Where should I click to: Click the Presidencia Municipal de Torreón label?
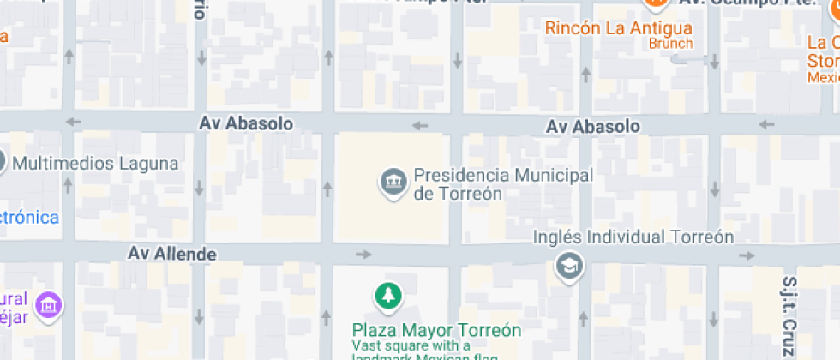[502, 183]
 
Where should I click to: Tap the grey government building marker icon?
[393, 182]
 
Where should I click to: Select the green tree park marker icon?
[389, 297]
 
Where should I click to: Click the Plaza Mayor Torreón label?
[437, 330]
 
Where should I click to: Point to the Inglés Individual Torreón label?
[633, 237]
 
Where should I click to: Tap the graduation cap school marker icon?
[568, 266]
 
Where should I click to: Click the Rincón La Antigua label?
[618, 27]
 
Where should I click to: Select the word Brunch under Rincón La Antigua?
[670, 43]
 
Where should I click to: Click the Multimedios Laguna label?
[96, 163]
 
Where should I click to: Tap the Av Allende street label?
[171, 254]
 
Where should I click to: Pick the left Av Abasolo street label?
[246, 123]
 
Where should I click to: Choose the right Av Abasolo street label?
[592, 127]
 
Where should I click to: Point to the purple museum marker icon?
[50, 304]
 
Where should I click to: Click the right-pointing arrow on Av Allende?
[364, 254]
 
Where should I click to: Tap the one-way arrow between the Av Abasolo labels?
[419, 126]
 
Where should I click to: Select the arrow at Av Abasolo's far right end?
[766, 125]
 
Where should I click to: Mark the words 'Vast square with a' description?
[411, 345]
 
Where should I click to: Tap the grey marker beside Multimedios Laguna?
[2, 162]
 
